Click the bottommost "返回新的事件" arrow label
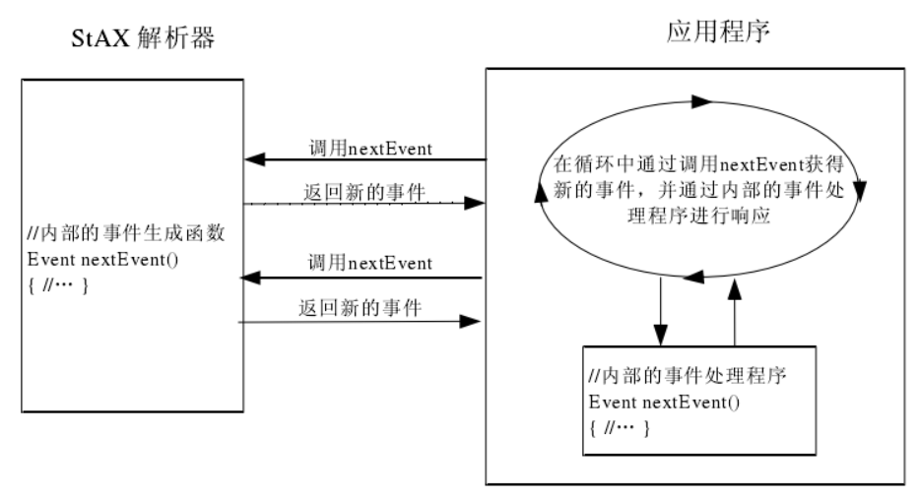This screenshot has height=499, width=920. click(x=360, y=308)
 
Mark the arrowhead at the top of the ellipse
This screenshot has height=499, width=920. click(x=701, y=100)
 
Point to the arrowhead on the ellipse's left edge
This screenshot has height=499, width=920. click(x=539, y=193)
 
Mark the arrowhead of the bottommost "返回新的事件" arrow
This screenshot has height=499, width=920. click(x=478, y=320)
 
